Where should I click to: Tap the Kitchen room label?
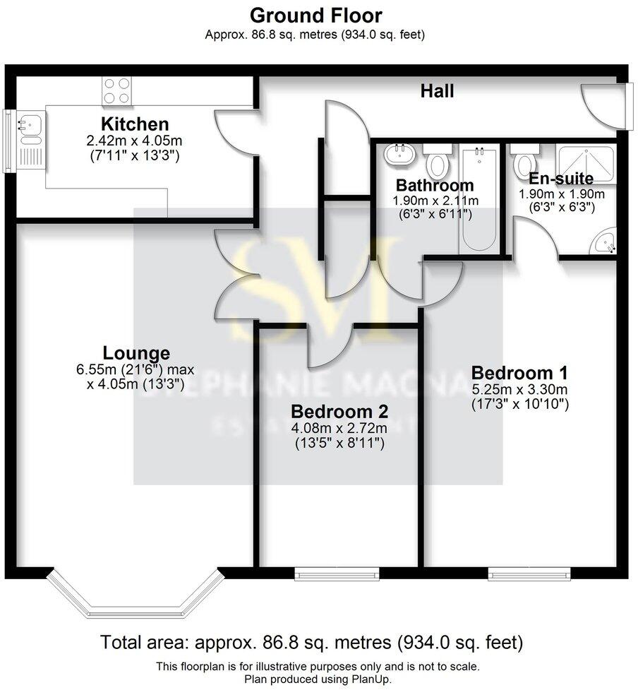(x=134, y=124)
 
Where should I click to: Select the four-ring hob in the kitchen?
(x=118, y=92)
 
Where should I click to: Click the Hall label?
(x=437, y=91)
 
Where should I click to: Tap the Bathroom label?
(x=434, y=186)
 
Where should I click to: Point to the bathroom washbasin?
(x=401, y=154)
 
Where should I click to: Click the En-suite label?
(x=562, y=178)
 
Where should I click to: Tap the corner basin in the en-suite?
(x=605, y=242)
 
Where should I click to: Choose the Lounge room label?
(x=136, y=352)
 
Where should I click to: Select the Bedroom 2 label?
(x=339, y=411)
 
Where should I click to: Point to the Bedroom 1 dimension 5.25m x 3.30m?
(x=519, y=389)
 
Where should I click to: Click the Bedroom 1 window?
(x=520, y=574)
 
